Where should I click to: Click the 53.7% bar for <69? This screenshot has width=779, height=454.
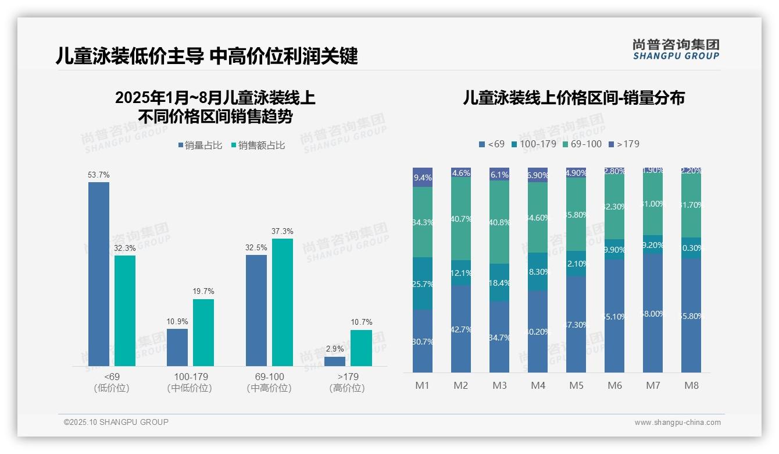(x=99, y=274)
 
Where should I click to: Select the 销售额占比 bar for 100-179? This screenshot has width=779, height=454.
(x=203, y=332)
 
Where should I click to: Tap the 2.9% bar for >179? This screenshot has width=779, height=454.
(x=335, y=361)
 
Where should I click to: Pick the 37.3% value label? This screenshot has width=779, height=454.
(x=282, y=231)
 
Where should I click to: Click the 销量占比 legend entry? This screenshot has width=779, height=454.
(x=200, y=146)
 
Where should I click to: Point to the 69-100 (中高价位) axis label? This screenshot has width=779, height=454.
(x=269, y=382)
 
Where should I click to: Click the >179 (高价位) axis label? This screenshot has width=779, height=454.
(x=347, y=382)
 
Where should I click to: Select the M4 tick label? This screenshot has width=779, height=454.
(x=538, y=385)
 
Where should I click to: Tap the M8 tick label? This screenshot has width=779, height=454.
(x=691, y=385)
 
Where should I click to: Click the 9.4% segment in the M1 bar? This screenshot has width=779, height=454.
(x=423, y=178)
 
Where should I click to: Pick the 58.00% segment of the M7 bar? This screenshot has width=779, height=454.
(x=653, y=313)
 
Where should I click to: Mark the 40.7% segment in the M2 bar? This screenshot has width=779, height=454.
(x=461, y=219)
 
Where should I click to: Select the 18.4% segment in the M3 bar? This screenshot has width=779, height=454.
(x=499, y=282)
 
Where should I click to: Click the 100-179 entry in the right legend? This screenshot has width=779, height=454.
(x=533, y=144)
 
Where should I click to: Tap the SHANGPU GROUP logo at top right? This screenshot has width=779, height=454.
(x=676, y=49)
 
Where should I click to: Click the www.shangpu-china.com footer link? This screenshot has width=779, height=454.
(x=677, y=423)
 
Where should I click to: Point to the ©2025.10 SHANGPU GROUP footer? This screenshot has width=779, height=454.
(x=116, y=422)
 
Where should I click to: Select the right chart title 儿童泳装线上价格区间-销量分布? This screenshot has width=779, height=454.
(x=574, y=98)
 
